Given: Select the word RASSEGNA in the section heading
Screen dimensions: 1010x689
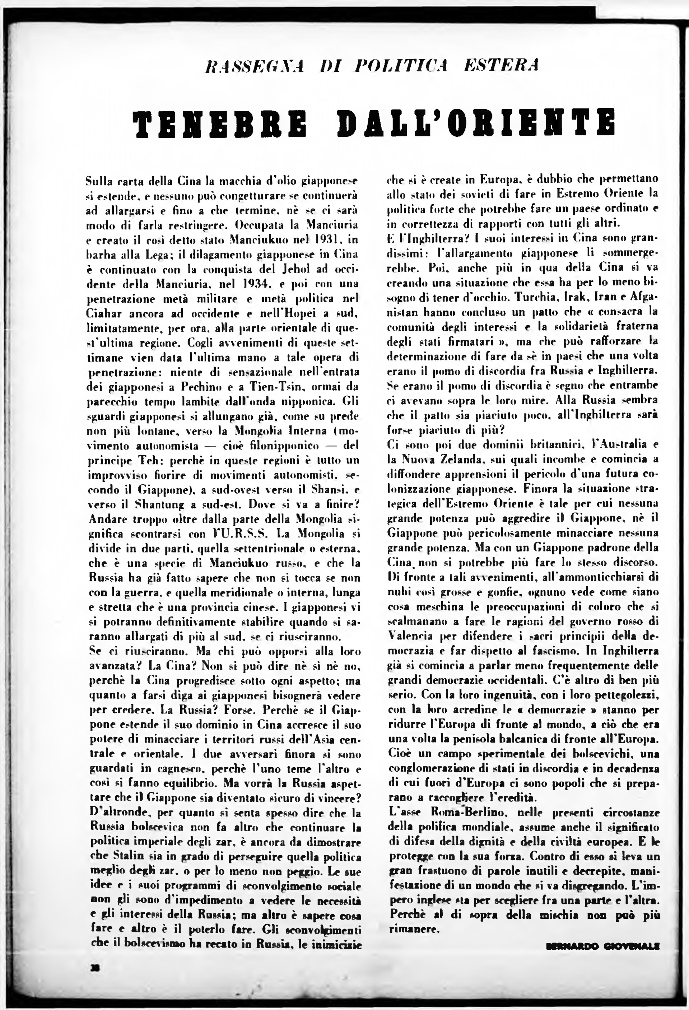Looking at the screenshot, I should coord(255,66).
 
